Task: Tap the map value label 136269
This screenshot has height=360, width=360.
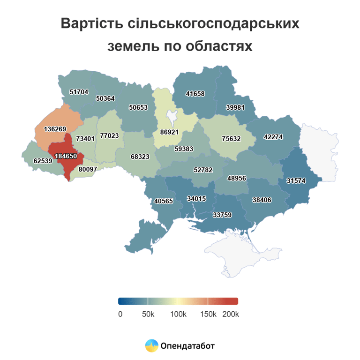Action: pyautogui.click(x=54, y=128)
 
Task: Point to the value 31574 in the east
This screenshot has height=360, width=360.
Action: pyautogui.click(x=295, y=181)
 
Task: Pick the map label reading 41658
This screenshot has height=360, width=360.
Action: pyautogui.click(x=195, y=94)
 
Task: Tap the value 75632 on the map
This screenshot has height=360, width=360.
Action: pyautogui.click(x=231, y=139)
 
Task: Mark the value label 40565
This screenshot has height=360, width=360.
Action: pyautogui.click(x=163, y=201)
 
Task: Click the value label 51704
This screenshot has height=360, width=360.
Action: pyautogui.click(x=79, y=92)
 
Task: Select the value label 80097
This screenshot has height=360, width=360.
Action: pyautogui.click(x=88, y=169)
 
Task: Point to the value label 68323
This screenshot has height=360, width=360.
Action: pyautogui.click(x=140, y=156)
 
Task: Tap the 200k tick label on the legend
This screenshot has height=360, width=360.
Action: pyautogui.click(x=231, y=314)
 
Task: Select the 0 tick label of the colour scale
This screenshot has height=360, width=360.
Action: pyautogui.click(x=120, y=314)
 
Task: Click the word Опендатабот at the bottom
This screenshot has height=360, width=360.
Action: pyautogui.click(x=187, y=346)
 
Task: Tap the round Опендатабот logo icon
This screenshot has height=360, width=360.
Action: pyautogui.click(x=151, y=346)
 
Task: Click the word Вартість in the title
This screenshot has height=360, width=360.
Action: pyautogui.click(x=93, y=24)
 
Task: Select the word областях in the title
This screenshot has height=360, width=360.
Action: pyautogui.click(x=217, y=47)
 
